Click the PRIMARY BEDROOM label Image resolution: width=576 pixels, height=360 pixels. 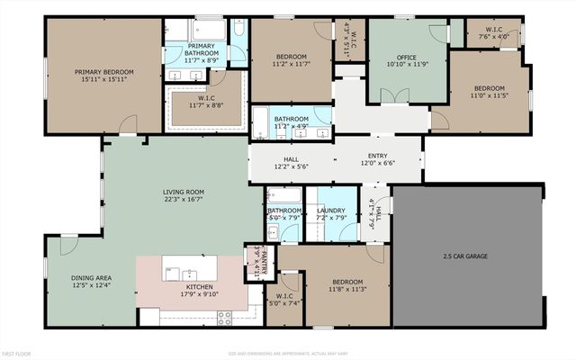pos(104,72)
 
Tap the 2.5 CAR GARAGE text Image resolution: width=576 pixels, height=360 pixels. pos(465,256)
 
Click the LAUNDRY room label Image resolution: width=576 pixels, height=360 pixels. pos(331,210)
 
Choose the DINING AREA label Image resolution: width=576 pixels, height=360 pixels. pos(91,277)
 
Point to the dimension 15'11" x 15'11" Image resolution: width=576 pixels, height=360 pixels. pos(104,80)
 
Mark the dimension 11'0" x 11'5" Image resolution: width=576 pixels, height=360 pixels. pos(490,95)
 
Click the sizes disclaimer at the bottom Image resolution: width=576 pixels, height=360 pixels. pos(288,353)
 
